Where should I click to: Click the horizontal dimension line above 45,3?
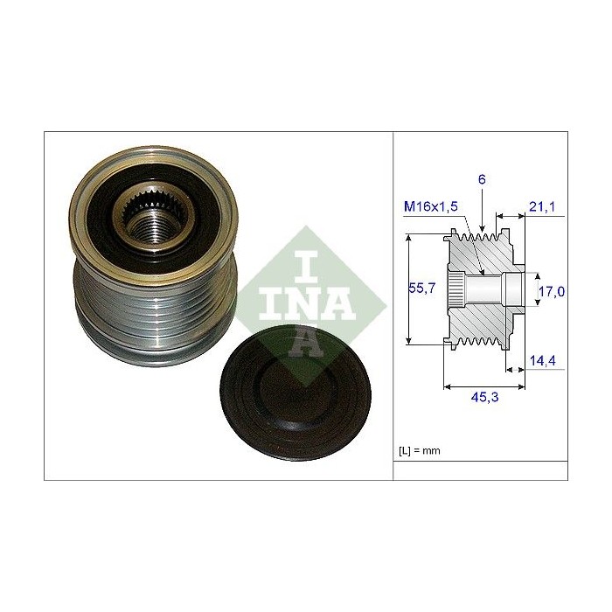(x=486, y=386)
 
